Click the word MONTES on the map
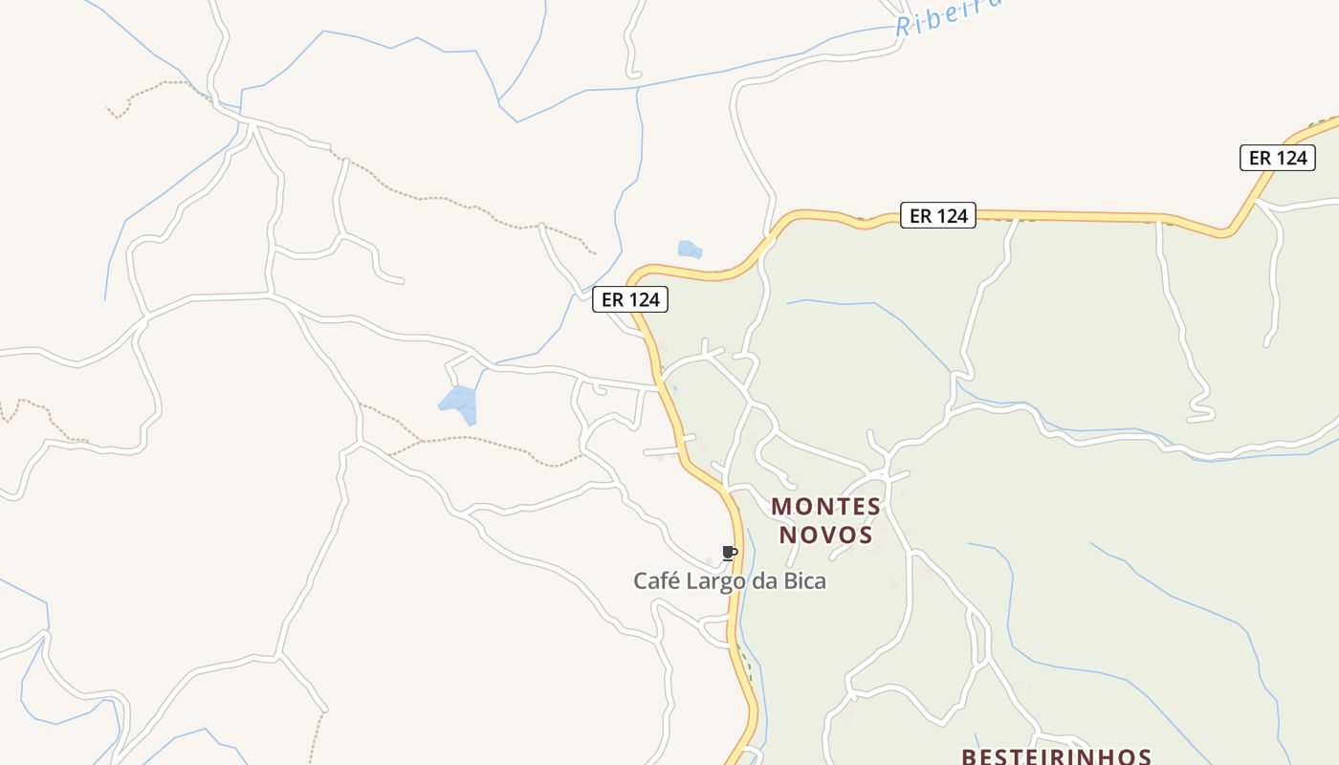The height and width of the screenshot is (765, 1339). pos(825,506)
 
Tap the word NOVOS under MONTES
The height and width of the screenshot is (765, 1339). pos(825,535)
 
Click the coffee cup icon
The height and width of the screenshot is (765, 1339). pos(729,553)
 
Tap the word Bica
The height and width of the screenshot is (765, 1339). pos(804,580)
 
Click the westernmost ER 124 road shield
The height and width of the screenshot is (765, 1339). pos(630,299)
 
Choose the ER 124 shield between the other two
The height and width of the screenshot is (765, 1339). pos(938,216)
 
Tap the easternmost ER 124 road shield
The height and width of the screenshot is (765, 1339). pos(1278,158)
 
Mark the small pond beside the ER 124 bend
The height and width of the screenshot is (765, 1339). pos(690,250)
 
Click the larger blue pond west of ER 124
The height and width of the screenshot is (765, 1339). pos(459,403)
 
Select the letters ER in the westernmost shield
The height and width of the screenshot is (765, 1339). pos(612,299)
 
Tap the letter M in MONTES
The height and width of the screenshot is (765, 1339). pos(780,506)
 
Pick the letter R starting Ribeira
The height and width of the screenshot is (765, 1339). pos(903,27)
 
